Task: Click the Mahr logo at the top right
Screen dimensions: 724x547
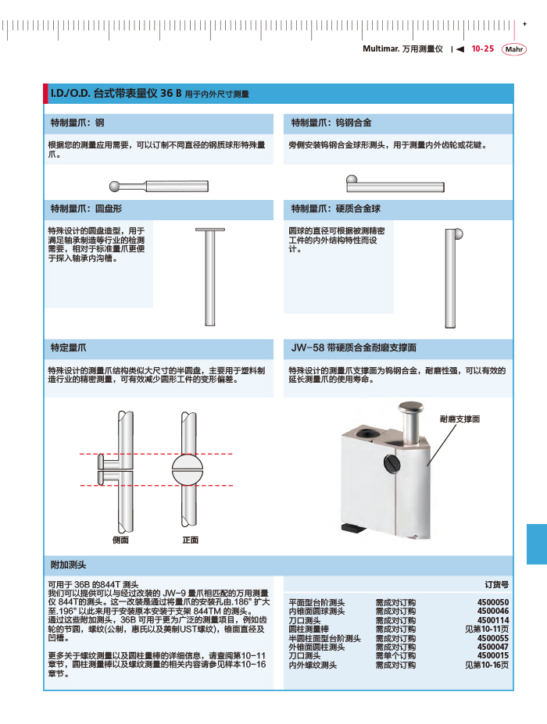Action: [513, 49]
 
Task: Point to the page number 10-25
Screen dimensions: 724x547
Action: [482, 48]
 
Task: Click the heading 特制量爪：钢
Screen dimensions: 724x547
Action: [77, 123]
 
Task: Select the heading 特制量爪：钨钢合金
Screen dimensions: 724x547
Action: [331, 123]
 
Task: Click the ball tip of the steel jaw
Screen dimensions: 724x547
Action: [116, 186]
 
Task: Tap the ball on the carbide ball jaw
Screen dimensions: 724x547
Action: [458, 233]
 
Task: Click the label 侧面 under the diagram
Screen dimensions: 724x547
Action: [120, 540]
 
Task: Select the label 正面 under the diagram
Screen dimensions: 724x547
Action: [191, 540]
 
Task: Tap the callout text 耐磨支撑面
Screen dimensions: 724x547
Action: [459, 419]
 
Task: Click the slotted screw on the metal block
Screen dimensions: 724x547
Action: [391, 465]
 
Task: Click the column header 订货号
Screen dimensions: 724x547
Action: [496, 583]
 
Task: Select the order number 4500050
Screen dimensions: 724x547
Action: [493, 602]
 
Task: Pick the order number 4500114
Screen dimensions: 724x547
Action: [493, 620]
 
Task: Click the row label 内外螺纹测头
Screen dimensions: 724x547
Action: [313, 665]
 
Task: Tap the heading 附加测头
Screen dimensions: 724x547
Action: [68, 564]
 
